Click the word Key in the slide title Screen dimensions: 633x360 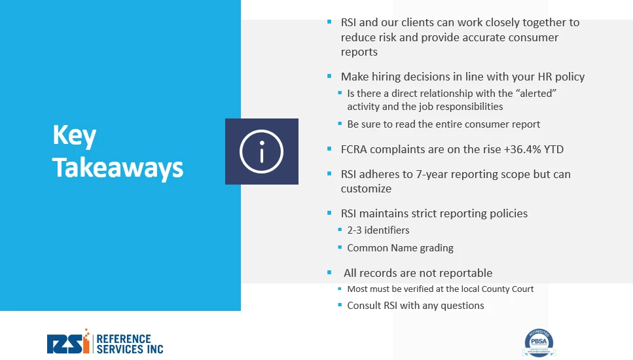(x=74, y=136)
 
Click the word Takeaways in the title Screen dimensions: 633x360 (x=117, y=168)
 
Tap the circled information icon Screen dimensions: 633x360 (x=262, y=151)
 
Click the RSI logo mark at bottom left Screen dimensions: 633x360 (x=68, y=342)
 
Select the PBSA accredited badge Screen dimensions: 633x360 (x=539, y=342)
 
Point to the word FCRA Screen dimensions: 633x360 (x=354, y=149)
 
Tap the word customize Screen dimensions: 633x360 (x=366, y=189)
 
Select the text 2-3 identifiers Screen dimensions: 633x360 (x=378, y=230)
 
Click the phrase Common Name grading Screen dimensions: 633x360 (x=400, y=248)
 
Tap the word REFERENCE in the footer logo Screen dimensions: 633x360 (x=124, y=338)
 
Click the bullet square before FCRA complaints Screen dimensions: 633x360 (x=329, y=149)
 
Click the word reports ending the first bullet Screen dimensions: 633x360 (x=359, y=52)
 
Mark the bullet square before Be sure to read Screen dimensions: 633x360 (x=340, y=124)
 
